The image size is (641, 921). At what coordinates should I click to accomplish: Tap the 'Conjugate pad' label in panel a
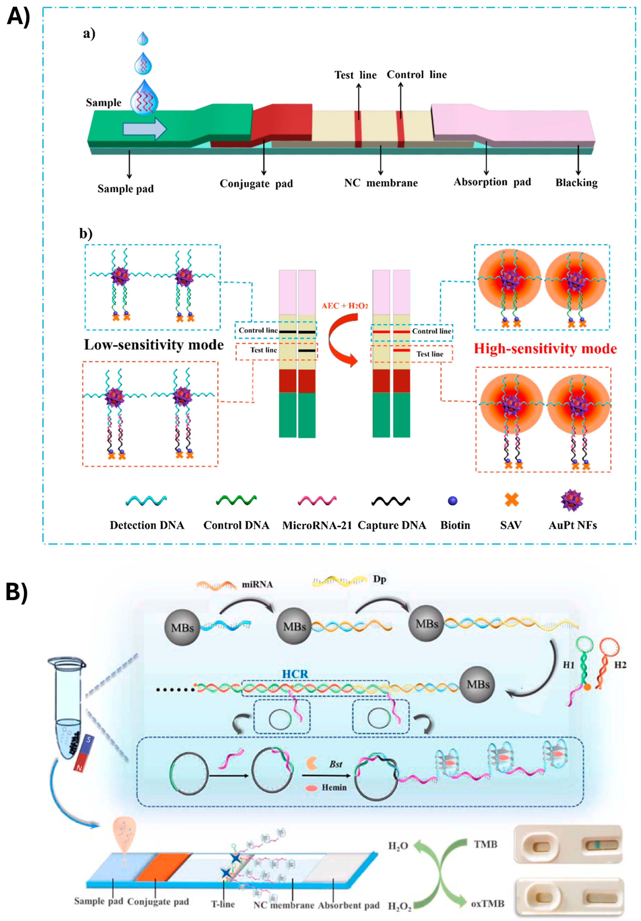tap(256, 184)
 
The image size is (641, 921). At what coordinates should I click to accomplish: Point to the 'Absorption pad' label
tap(492, 182)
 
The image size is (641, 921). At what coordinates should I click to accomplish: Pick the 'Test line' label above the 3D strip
tap(356, 75)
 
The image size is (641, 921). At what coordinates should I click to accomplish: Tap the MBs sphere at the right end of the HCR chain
tap(478, 684)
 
